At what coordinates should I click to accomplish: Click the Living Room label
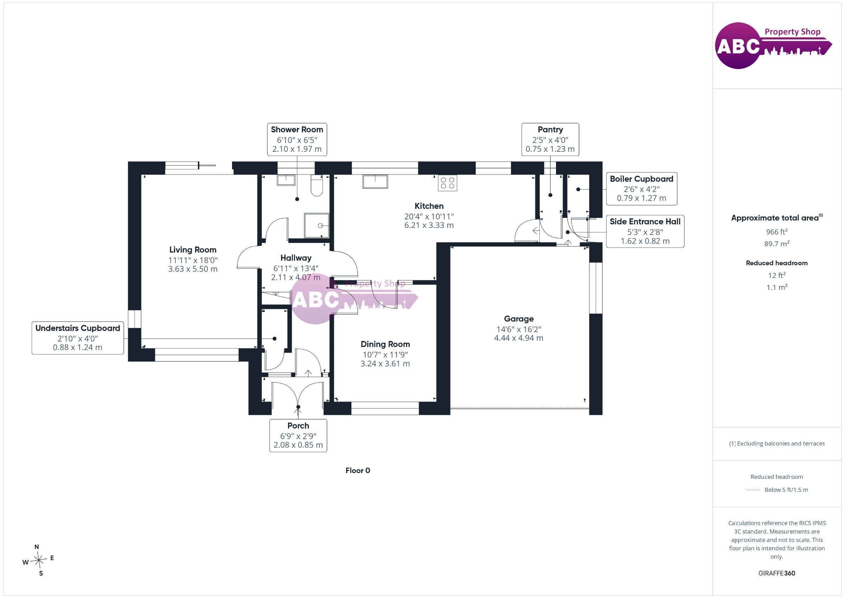point(193,250)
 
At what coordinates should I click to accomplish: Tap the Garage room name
point(519,319)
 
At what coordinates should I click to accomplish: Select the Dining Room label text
point(385,344)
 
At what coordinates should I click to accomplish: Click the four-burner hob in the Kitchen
point(447,183)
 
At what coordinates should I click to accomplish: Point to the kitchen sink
point(375,181)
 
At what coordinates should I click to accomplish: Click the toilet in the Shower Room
point(317,185)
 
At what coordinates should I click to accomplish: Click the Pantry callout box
point(550,139)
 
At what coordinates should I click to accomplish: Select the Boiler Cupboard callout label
point(641,188)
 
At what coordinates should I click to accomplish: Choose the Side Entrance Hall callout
point(645,231)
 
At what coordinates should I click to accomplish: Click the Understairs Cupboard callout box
point(78,338)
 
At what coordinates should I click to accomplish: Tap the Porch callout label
point(298,435)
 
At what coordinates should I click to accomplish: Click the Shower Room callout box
point(297,139)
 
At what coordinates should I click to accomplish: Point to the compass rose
point(38,560)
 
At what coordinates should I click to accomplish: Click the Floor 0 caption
point(358,471)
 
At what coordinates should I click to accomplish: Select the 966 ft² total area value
point(777,232)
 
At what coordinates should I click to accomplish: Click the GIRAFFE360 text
point(777,573)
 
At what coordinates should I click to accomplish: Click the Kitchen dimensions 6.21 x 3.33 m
point(429,225)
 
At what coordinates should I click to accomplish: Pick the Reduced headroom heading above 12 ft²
point(777,263)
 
